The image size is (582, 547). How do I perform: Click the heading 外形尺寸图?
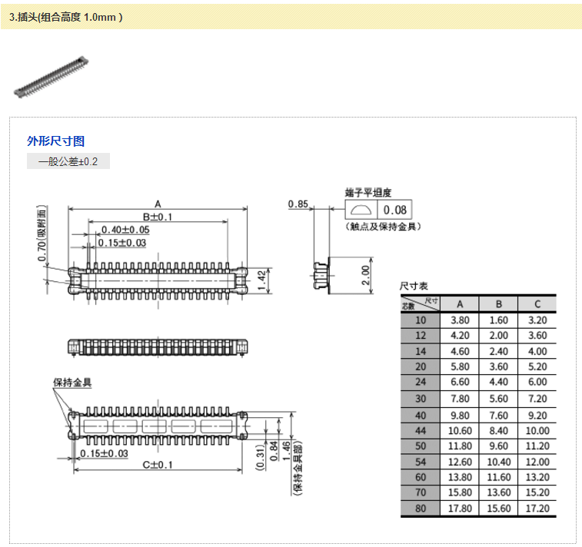(x=55, y=141)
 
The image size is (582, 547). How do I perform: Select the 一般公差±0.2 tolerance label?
(x=68, y=161)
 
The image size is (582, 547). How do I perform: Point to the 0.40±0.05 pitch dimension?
(x=125, y=230)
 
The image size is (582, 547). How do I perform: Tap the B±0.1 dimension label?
(x=158, y=217)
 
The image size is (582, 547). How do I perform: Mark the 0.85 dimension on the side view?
(x=298, y=204)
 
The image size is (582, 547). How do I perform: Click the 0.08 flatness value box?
(x=395, y=211)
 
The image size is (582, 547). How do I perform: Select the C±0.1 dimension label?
(x=158, y=465)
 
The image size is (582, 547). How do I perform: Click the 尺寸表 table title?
(x=414, y=286)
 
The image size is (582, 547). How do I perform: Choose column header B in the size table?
(x=498, y=303)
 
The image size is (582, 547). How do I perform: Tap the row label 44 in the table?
(x=420, y=430)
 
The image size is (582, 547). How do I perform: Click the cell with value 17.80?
(x=459, y=509)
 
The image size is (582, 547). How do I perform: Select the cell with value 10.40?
(x=498, y=462)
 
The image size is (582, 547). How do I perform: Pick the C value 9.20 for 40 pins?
(x=537, y=415)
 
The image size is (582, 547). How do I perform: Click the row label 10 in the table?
(x=420, y=320)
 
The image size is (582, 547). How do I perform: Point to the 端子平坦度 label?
(x=368, y=192)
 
